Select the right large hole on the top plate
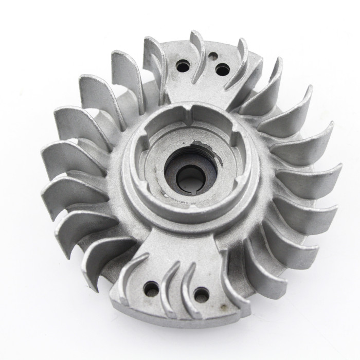[x=222, y=68]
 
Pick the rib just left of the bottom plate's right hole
[x=185, y=288]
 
